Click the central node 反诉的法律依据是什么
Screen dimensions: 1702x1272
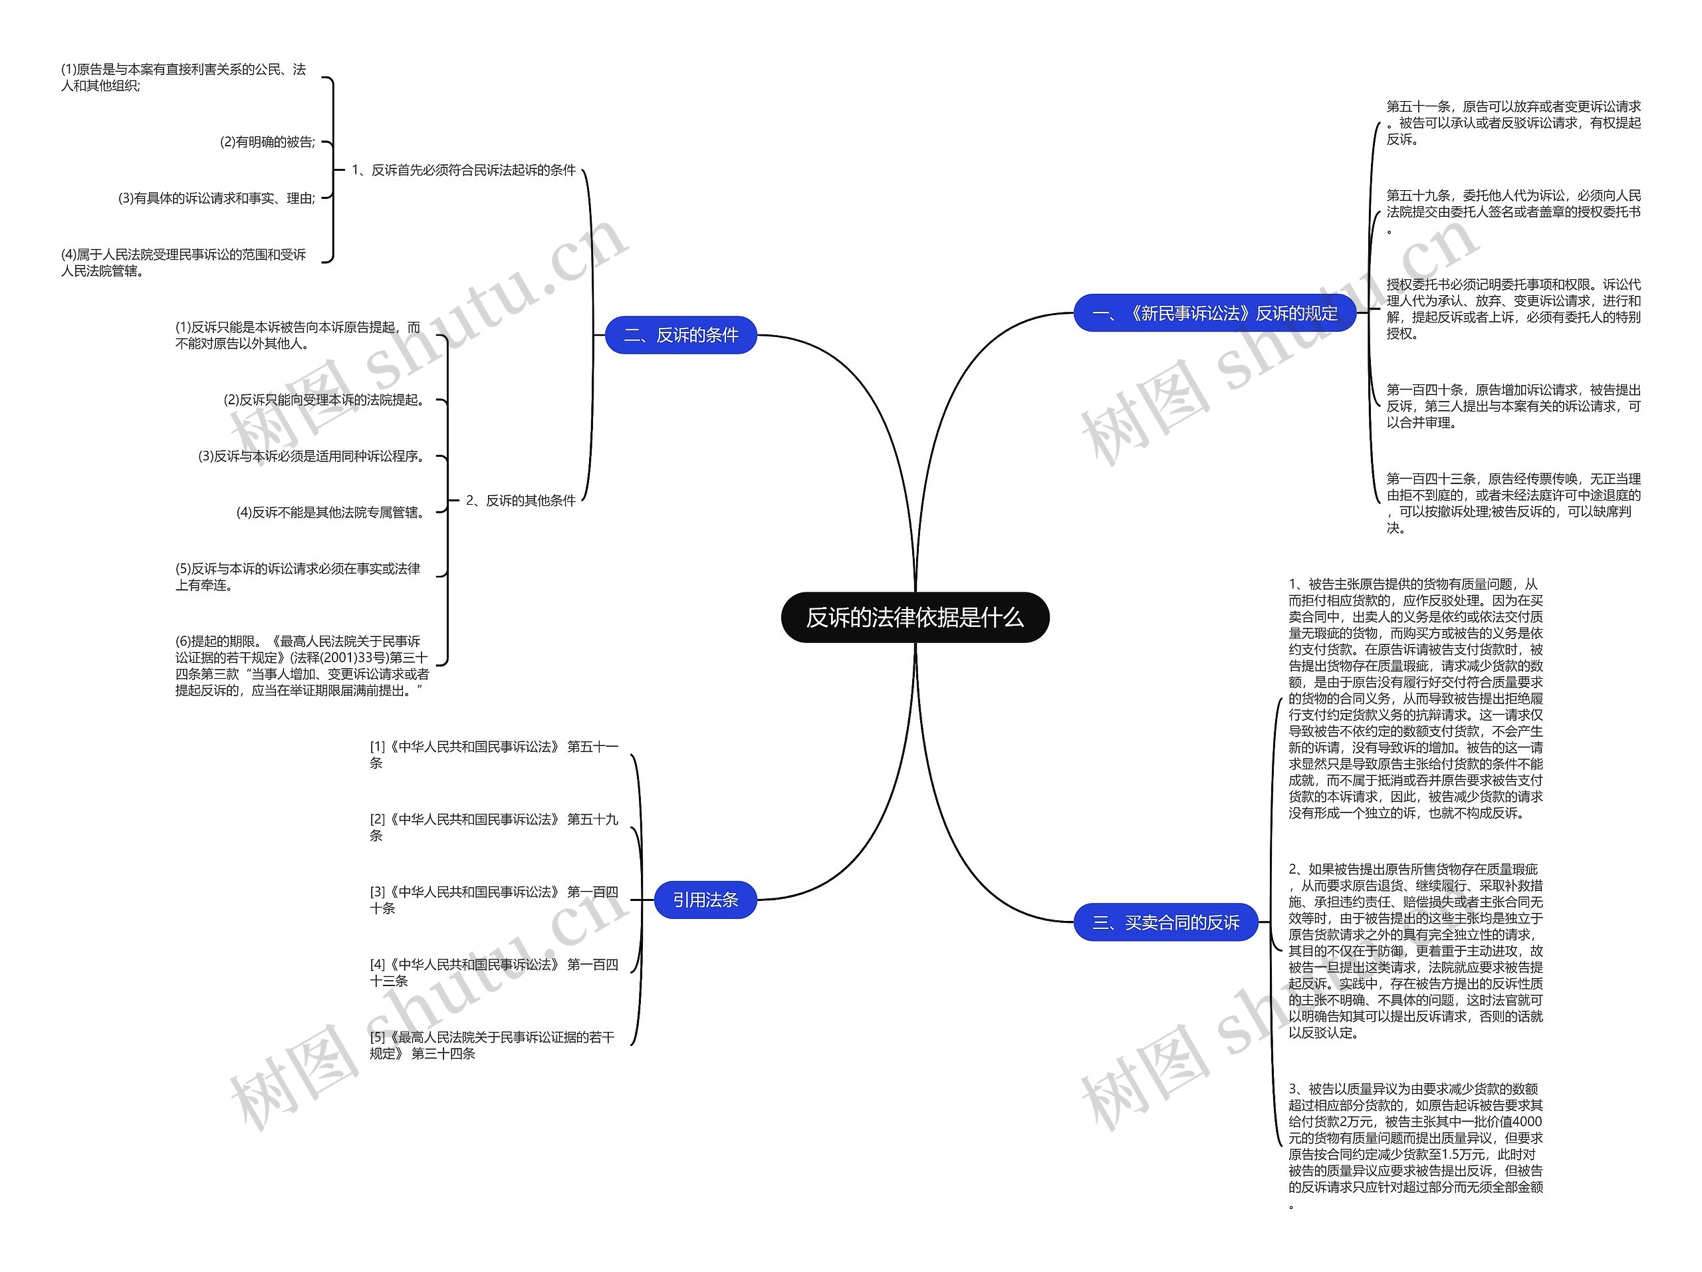(914, 617)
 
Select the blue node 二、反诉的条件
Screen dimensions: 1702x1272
(680, 336)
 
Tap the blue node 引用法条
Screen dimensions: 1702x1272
(705, 900)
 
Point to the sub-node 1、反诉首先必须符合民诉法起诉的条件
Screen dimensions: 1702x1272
(463, 170)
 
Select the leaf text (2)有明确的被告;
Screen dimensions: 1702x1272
(268, 142)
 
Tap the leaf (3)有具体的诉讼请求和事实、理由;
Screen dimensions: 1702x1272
(217, 197)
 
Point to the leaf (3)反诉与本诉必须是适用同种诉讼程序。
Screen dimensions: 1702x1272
(312, 455)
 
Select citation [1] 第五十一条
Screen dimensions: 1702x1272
(493, 754)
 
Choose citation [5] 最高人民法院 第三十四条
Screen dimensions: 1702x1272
(492, 1045)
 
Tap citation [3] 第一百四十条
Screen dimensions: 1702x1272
(493, 900)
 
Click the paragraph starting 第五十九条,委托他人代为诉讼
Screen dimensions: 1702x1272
(1513, 211)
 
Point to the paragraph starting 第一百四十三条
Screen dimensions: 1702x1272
(1513, 503)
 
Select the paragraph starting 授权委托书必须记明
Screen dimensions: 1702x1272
(1513, 309)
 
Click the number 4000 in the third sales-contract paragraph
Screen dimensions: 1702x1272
(1526, 1121)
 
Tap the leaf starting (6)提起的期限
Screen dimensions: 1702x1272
(301, 666)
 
